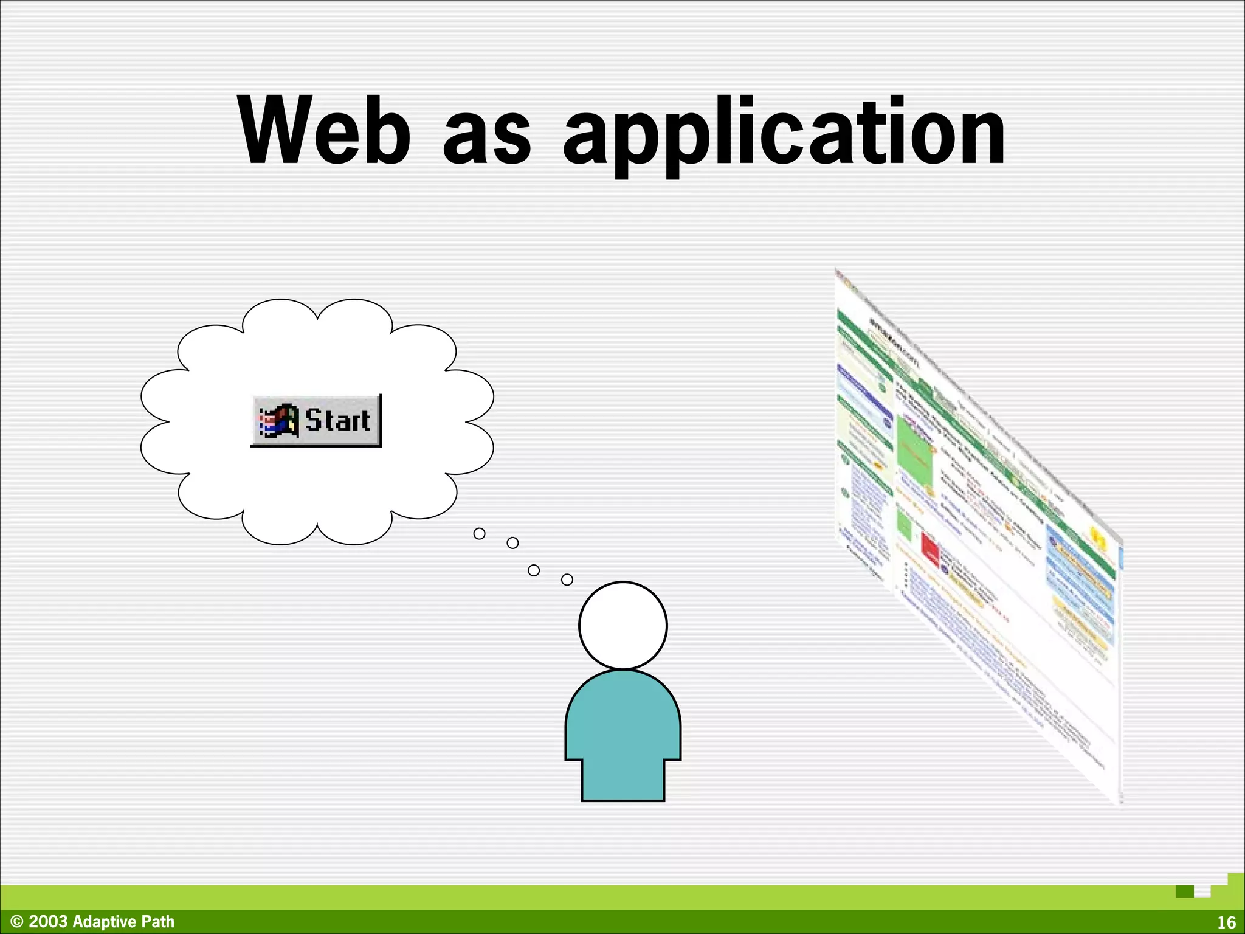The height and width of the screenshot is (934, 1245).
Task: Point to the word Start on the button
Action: pos(337,420)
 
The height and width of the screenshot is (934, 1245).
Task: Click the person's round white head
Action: pos(622,625)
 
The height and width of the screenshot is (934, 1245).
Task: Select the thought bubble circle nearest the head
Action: pos(567,579)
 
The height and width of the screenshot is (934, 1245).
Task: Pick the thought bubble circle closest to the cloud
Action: pos(479,533)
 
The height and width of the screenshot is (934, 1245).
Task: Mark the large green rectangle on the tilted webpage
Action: pos(915,451)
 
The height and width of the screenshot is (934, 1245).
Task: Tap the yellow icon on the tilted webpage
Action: pos(1097,538)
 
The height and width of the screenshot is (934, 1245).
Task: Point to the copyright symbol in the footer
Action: pos(17,922)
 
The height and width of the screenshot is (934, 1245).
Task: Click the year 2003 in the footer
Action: pos(48,922)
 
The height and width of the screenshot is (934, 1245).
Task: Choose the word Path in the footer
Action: pos(158,922)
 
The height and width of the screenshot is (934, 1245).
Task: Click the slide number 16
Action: pos(1226,922)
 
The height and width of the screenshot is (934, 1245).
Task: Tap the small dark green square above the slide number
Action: pos(1184,891)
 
